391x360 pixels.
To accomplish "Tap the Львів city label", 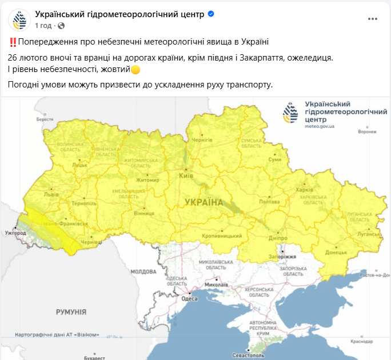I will [51, 194].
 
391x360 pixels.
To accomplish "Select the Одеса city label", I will [189, 298].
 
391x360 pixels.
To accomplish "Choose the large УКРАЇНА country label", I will [204, 203].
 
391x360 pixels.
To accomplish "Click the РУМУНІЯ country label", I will [71, 312].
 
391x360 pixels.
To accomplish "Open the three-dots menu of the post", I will [373, 19].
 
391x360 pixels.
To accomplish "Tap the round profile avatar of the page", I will [19, 19].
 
